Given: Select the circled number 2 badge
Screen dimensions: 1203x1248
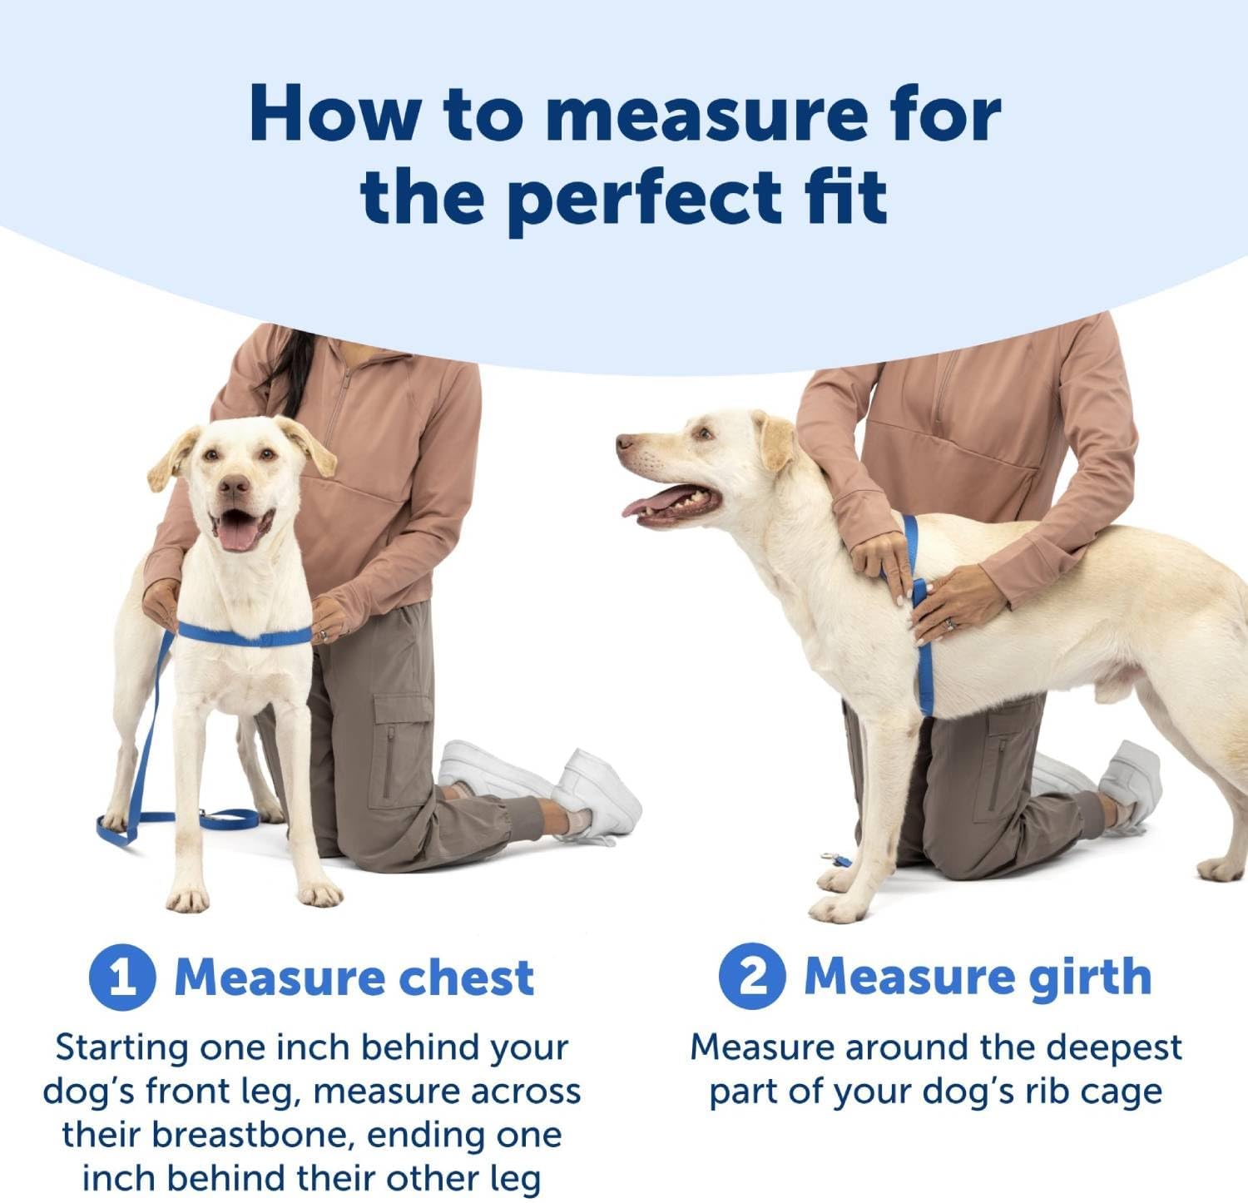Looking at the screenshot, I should coord(752,976).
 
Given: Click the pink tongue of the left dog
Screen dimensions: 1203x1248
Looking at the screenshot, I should coord(238,532).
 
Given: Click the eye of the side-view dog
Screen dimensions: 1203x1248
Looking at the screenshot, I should coord(705,433).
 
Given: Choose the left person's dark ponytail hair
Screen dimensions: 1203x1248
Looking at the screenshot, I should coord(287,374).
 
